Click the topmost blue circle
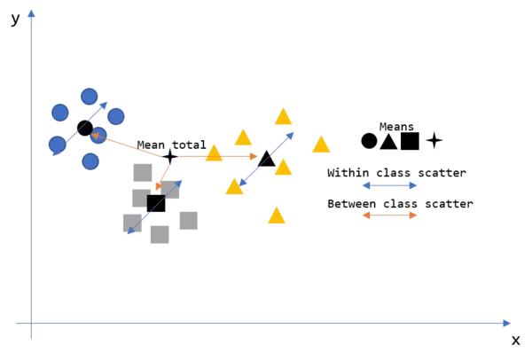click(89, 96)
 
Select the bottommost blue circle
click(90, 160)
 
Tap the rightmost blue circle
click(116, 116)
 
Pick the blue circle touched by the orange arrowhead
click(99, 136)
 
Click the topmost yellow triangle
click(283, 116)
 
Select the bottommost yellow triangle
click(277, 215)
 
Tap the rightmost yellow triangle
click(321, 145)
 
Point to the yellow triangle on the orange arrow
click(214, 153)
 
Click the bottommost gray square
click(160, 234)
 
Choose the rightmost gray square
click(188, 219)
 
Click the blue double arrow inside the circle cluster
click(78, 129)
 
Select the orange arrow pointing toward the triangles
click(217, 156)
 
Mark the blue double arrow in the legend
click(389, 185)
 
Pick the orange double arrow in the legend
click(389, 215)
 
